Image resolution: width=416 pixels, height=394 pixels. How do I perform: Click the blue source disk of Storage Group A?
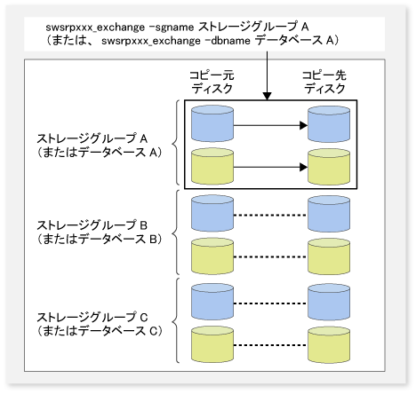pyautogui.click(x=212, y=123)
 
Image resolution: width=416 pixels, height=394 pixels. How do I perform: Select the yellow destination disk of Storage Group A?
pyautogui.click(x=329, y=167)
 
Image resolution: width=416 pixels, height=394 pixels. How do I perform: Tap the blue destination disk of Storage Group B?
pyautogui.click(x=329, y=214)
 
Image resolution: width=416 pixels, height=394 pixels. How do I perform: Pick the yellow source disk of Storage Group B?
pyautogui.click(x=212, y=256)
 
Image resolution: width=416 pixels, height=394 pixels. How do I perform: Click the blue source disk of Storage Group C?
pyautogui.click(x=212, y=302)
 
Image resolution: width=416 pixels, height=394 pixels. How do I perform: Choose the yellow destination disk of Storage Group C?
pyautogui.click(x=329, y=344)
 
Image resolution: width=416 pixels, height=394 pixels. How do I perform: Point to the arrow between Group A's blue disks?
pyautogui.click(x=270, y=125)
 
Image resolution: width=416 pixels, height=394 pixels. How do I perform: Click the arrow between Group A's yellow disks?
pyautogui.click(x=270, y=167)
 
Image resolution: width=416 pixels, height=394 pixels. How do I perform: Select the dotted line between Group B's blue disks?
pyautogui.click(x=270, y=215)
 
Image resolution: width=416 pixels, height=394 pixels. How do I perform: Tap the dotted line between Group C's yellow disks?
pyautogui.click(x=270, y=345)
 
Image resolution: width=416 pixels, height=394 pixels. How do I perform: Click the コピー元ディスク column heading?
pyautogui.click(x=212, y=82)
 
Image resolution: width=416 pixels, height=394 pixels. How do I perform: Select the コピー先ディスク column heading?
pyautogui.click(x=324, y=82)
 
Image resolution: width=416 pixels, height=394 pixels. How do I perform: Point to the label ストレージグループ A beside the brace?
pyautogui.click(x=92, y=138)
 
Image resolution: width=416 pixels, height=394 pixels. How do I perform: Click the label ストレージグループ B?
pyautogui.click(x=92, y=225)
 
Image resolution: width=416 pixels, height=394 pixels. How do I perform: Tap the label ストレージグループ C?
pyautogui.click(x=92, y=318)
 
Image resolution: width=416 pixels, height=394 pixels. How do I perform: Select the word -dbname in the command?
pyautogui.click(x=228, y=41)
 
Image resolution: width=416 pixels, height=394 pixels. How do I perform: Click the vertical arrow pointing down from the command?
pyautogui.click(x=267, y=75)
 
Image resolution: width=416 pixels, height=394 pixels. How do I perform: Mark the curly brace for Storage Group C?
pyautogui.click(x=176, y=320)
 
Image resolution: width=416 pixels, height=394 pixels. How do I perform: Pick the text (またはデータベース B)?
pyautogui.click(x=100, y=239)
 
